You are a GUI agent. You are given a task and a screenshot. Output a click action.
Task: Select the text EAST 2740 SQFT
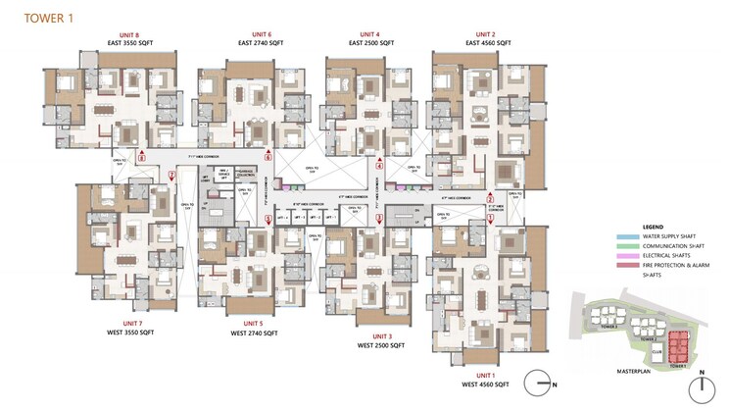coord(264,43)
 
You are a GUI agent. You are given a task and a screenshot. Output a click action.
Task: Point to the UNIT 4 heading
coord(372,32)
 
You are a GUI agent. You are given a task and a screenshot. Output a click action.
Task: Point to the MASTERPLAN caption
coord(619,372)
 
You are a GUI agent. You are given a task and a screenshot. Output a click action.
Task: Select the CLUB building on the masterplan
coord(656,349)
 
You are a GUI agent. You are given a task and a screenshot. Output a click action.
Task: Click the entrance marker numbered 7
coord(171,176)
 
